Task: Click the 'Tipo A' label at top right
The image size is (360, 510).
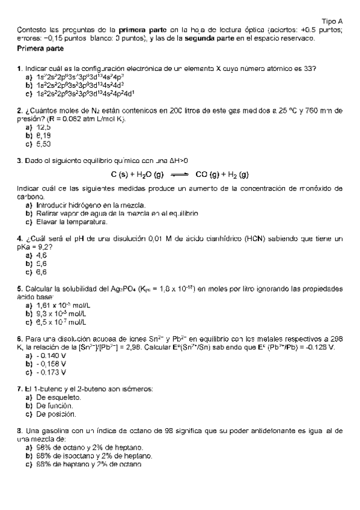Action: pyautogui.click(x=332, y=21)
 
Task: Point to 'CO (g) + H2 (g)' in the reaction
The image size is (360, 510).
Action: pyautogui.click(x=222, y=175)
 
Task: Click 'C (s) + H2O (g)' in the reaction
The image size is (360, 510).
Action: pyautogui.click(x=137, y=175)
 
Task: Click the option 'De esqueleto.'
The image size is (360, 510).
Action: pyautogui.click(x=58, y=398)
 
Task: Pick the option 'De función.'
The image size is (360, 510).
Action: pyautogui.click(x=55, y=406)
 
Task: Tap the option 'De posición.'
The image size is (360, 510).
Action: pyautogui.click(x=56, y=414)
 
